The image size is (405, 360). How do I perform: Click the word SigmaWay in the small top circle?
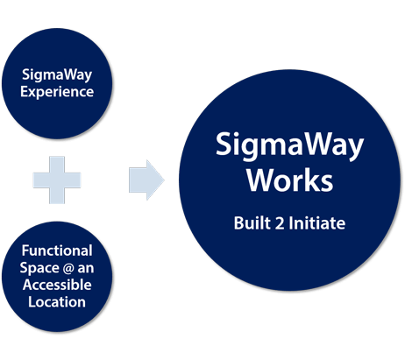click(x=57, y=74)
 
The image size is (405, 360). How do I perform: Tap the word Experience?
click(x=57, y=90)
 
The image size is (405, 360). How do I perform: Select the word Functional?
click(x=57, y=251)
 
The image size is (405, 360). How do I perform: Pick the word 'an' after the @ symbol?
click(x=85, y=267)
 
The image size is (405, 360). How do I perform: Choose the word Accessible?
click(x=57, y=285)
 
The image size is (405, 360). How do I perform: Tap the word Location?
click(x=57, y=301)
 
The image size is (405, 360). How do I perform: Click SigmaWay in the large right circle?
click(x=289, y=146)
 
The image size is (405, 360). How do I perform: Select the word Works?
click(x=289, y=181)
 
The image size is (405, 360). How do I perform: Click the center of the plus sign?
click(x=57, y=180)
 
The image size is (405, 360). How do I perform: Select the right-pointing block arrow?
click(x=146, y=180)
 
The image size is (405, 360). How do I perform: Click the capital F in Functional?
click(x=25, y=251)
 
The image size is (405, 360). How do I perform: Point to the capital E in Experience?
click(x=25, y=90)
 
